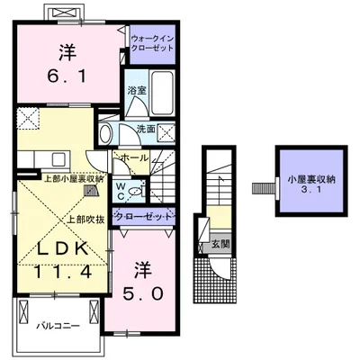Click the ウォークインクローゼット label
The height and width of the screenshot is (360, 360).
[x=152, y=43]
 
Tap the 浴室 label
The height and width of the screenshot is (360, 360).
[x=137, y=91]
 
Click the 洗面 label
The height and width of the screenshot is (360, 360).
[x=146, y=129]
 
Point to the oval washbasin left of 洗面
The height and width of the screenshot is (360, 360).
[x=105, y=134]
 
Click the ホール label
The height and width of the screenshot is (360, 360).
[x=134, y=157]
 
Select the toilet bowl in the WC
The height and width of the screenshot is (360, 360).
[x=136, y=191]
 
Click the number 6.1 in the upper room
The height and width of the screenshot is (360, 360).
[x=67, y=76]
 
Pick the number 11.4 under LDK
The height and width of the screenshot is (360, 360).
[x=62, y=272]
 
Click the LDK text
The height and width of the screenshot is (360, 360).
[x=62, y=248]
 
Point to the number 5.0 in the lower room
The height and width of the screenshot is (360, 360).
[x=142, y=293]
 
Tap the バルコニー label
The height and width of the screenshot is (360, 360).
[x=58, y=326]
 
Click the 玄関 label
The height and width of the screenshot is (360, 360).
[x=220, y=244]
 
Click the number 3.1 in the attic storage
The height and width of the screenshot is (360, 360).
[x=311, y=190]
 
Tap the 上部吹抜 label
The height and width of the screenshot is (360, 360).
[x=85, y=220]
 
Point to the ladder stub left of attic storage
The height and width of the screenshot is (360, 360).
[x=264, y=188]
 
